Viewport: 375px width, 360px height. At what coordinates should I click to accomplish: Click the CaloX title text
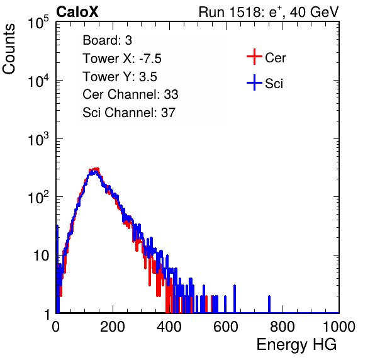click(77, 12)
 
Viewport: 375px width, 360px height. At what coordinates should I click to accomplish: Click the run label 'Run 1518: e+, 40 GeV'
click(269, 12)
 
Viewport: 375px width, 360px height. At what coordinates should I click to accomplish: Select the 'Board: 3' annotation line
click(107, 40)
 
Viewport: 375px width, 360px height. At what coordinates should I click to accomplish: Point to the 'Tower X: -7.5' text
click(122, 59)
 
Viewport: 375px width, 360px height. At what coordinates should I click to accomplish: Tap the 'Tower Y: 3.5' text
click(120, 77)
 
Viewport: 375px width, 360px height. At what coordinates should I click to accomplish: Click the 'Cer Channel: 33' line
click(130, 94)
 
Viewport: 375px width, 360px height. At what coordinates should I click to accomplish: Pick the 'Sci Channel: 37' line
click(129, 113)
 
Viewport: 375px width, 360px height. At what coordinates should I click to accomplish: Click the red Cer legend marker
click(254, 57)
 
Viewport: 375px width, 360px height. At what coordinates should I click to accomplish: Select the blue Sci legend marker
click(254, 82)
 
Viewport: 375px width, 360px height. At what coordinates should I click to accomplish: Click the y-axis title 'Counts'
click(9, 49)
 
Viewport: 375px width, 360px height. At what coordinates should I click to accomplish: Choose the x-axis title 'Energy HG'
click(296, 345)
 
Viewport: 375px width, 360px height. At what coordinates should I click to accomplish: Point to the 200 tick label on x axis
click(113, 327)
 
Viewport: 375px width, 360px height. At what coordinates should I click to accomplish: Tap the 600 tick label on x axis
click(226, 327)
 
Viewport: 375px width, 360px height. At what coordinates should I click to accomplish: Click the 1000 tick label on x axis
click(339, 327)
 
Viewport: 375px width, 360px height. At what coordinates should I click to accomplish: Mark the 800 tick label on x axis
click(283, 327)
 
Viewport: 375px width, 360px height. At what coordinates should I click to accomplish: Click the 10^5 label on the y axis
click(38, 23)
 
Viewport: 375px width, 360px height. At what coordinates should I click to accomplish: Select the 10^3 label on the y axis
click(38, 139)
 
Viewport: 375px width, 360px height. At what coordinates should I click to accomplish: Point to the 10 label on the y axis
click(42, 256)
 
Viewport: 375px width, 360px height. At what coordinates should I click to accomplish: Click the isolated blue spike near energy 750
click(269, 304)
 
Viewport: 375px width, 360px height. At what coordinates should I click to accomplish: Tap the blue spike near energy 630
click(235, 299)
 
